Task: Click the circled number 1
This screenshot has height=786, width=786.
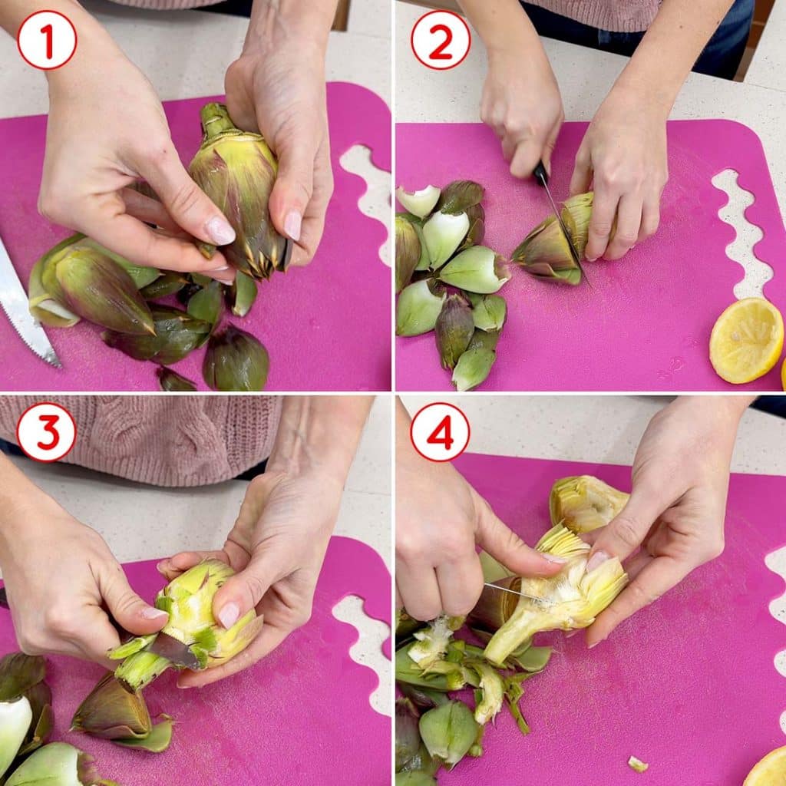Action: click(47, 40)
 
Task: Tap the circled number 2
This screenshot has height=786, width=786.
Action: click(441, 40)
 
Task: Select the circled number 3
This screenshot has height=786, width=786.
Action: click(47, 432)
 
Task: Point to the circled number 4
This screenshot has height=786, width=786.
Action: click(440, 432)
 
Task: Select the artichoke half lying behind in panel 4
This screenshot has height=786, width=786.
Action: click(587, 503)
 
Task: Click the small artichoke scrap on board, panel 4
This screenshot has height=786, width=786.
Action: click(638, 764)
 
